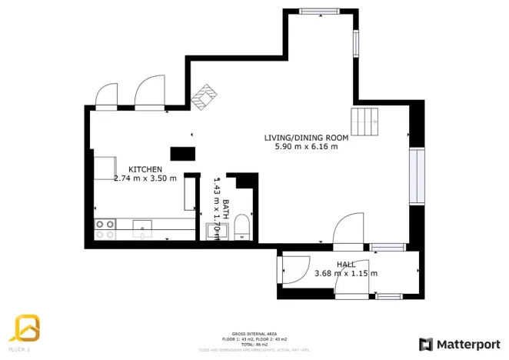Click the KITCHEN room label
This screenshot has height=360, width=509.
145,169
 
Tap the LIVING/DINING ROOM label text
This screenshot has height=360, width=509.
306,138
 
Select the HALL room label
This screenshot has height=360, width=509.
345,265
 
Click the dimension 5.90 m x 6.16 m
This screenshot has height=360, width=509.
306,147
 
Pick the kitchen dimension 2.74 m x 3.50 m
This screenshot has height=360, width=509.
145,178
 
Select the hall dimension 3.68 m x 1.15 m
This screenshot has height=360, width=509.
345,274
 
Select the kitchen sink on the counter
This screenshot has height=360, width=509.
142,225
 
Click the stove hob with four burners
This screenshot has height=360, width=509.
105,228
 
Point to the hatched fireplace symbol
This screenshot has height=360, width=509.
204,98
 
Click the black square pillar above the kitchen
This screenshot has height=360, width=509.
182,153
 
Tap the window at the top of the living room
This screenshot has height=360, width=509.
319,11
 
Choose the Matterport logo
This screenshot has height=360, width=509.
458,343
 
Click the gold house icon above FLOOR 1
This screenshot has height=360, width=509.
24,328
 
